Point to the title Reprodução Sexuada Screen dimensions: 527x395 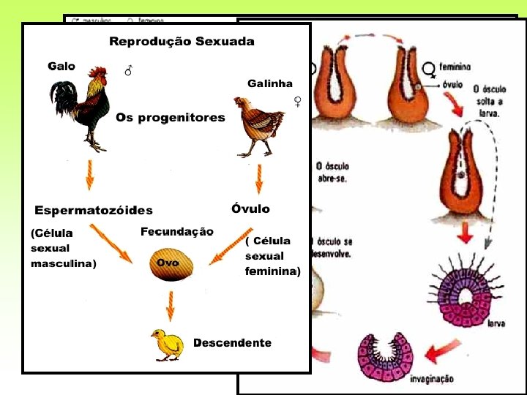[182, 42]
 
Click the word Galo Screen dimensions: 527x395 [61, 66]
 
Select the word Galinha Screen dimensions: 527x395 [269, 83]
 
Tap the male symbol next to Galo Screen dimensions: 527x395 [129, 71]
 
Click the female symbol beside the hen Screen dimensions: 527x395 [298, 101]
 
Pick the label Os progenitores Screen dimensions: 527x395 [170, 118]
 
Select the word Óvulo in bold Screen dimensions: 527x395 [250, 209]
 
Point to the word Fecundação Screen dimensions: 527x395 [177, 232]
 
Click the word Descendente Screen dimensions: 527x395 [232, 343]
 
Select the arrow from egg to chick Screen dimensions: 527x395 [171, 304]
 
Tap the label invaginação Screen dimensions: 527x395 [432, 379]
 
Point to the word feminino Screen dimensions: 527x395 [455, 67]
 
